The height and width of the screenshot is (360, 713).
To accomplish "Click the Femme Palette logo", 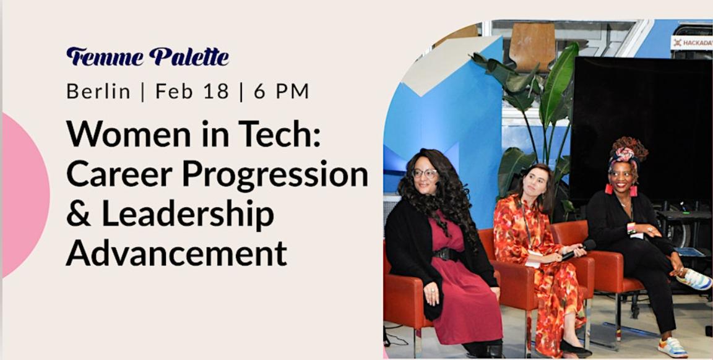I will tap(147, 56).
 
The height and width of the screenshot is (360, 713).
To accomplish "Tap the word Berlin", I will tap(98, 92).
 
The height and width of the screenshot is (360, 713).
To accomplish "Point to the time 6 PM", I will tap(281, 92).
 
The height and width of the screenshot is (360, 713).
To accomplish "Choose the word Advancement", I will tap(176, 254).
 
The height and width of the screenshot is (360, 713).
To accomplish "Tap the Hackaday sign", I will tap(691, 42).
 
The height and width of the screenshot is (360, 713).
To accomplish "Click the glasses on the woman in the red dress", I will tap(425, 174).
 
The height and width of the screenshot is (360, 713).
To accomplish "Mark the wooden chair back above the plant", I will tap(532, 47).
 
